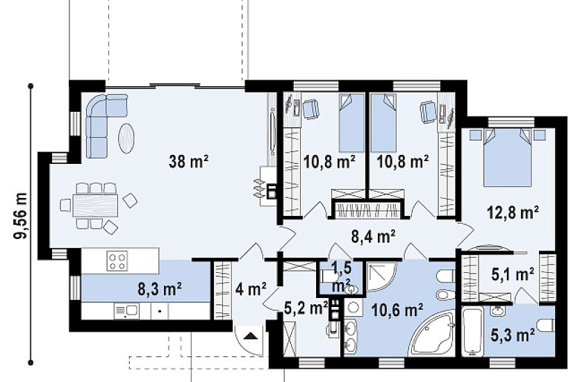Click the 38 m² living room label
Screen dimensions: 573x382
(188, 161)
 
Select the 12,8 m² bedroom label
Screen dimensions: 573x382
(513, 212)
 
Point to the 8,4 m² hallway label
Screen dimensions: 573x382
(373, 237)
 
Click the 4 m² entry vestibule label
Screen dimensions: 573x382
(251, 290)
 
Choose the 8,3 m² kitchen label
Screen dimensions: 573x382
(160, 289)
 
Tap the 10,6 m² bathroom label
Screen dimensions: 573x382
(397, 310)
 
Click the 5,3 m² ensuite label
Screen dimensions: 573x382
(513, 335)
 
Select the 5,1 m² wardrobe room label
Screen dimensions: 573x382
(513, 275)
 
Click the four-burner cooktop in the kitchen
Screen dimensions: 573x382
(117, 261)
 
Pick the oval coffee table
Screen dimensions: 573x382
(126, 138)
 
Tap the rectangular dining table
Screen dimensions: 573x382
(95, 206)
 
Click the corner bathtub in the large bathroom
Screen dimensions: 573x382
(433, 334)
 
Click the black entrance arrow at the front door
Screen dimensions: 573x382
(249, 335)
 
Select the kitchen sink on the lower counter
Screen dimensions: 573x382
(127, 311)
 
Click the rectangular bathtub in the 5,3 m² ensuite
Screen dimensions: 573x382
(473, 331)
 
